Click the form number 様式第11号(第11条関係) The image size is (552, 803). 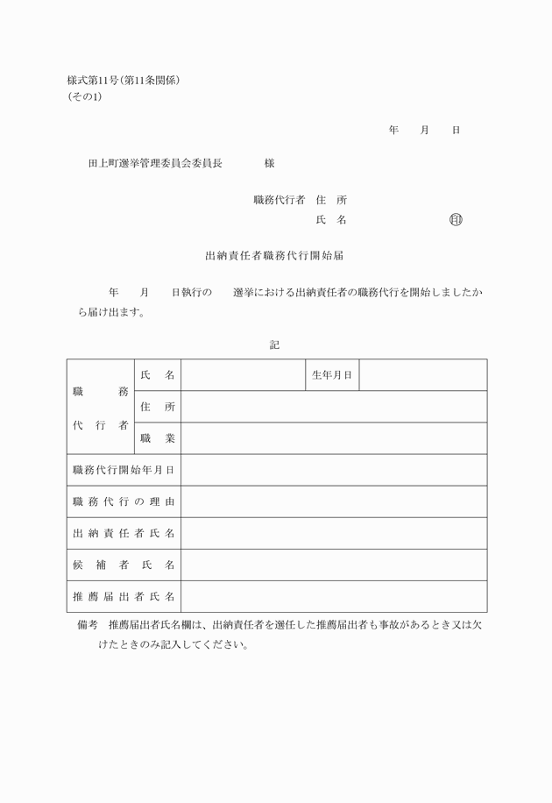[129, 81]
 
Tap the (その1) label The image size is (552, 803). [85, 96]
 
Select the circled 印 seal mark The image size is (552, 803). [455, 220]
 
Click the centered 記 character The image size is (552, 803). [274, 345]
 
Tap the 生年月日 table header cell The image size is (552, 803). [332, 375]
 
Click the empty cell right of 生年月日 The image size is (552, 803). [423, 375]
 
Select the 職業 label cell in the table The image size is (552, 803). [157, 438]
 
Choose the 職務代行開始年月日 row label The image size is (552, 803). [124, 470]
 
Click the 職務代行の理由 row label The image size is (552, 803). [124, 501]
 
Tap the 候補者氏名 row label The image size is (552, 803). [124, 565]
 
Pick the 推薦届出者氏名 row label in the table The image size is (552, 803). [124, 597]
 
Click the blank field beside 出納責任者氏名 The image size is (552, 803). [334, 533]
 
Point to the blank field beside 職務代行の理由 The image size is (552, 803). [334, 501]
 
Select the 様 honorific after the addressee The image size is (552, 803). [270, 163]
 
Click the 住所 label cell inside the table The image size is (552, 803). [157, 407]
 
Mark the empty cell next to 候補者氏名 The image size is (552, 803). [334, 565]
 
